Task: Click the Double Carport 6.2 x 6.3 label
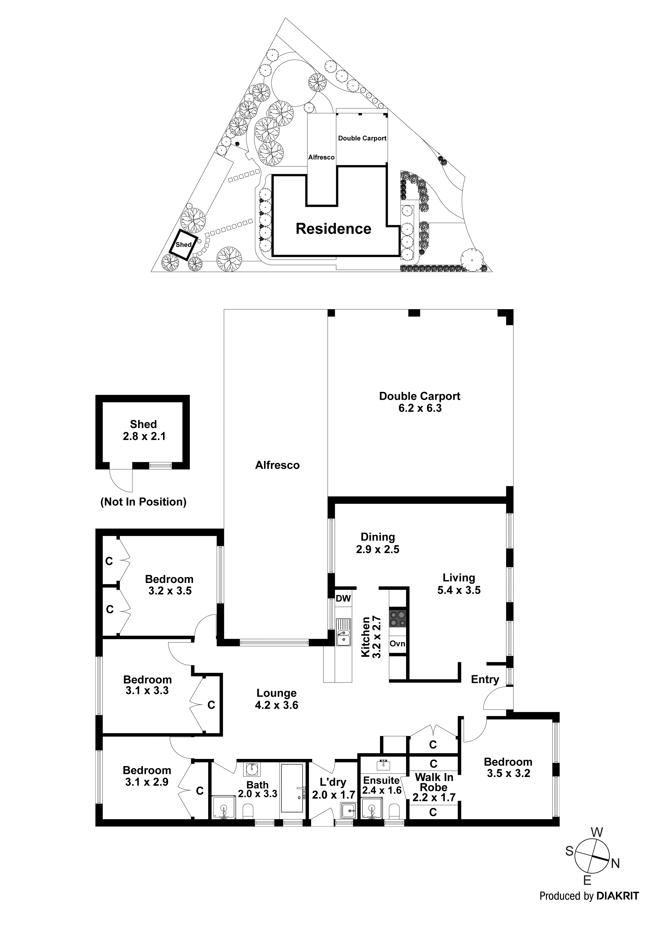click(x=420, y=402)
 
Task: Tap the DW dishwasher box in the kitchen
click(x=343, y=598)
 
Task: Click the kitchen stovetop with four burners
click(x=397, y=619)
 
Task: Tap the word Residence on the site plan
click(x=333, y=229)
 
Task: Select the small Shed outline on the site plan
click(x=184, y=244)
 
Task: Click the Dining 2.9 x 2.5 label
click(x=378, y=543)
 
